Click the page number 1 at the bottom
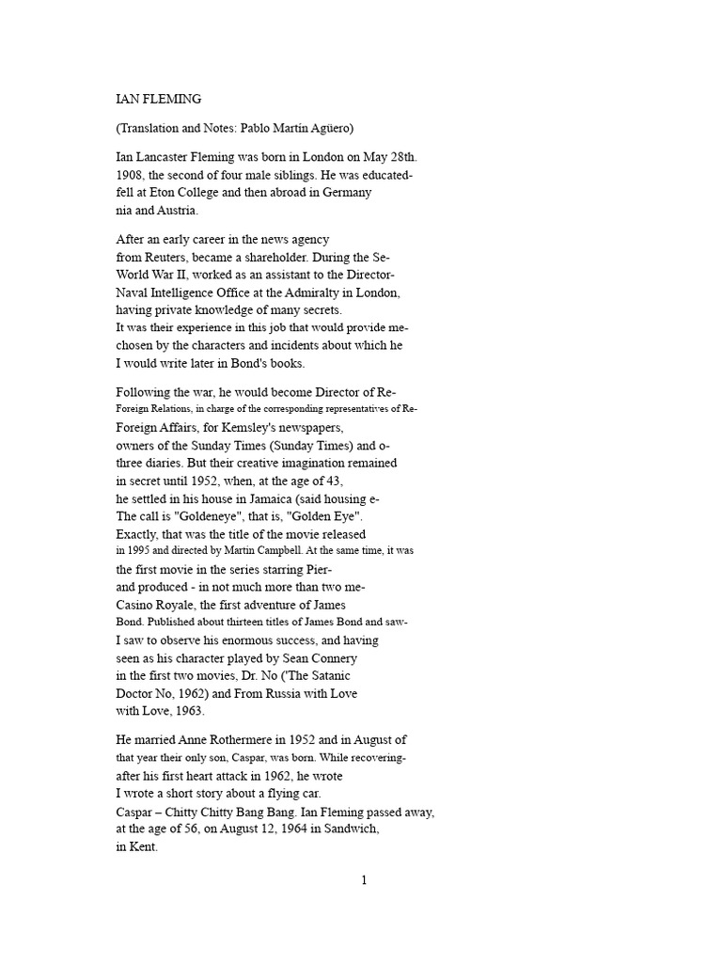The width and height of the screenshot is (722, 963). [x=364, y=881]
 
